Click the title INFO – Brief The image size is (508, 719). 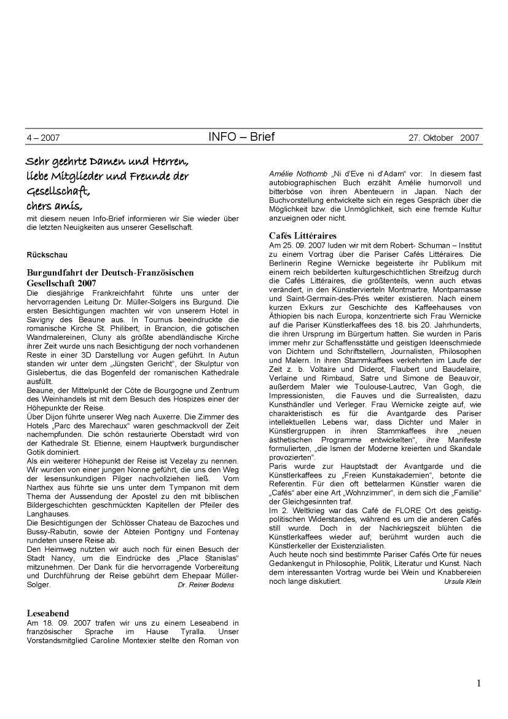241,136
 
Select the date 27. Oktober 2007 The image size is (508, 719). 444,138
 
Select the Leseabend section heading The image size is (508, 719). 48,613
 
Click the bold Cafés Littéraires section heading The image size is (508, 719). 303,235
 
